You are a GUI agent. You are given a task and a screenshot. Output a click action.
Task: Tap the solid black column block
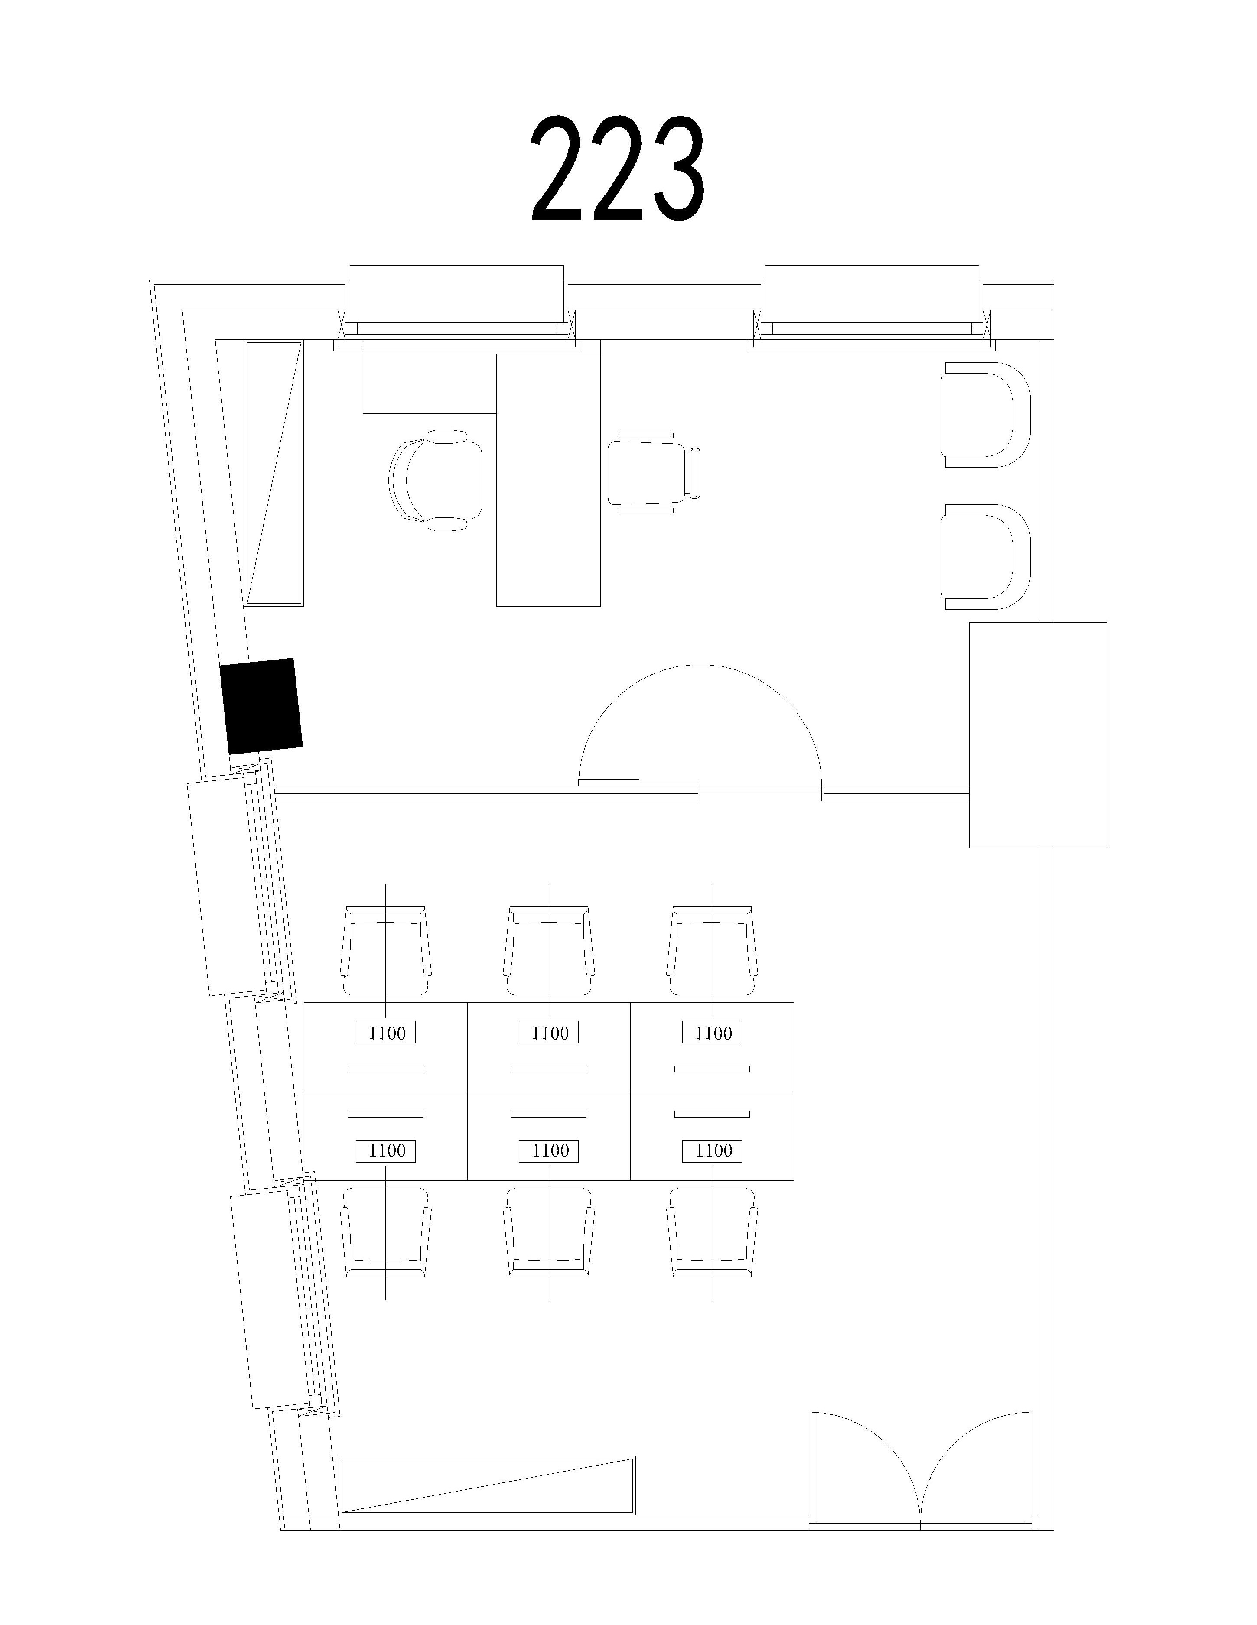(x=262, y=705)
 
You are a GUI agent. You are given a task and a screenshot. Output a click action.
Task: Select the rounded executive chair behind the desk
(x=435, y=480)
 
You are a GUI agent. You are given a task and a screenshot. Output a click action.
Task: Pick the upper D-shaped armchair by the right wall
(x=985, y=414)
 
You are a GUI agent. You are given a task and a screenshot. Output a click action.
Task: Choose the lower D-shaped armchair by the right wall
(x=985, y=556)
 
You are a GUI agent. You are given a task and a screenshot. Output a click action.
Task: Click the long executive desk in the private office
(x=548, y=480)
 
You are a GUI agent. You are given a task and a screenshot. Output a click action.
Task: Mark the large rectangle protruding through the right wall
(x=1037, y=735)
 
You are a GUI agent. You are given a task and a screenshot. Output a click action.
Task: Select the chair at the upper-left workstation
(x=385, y=951)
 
